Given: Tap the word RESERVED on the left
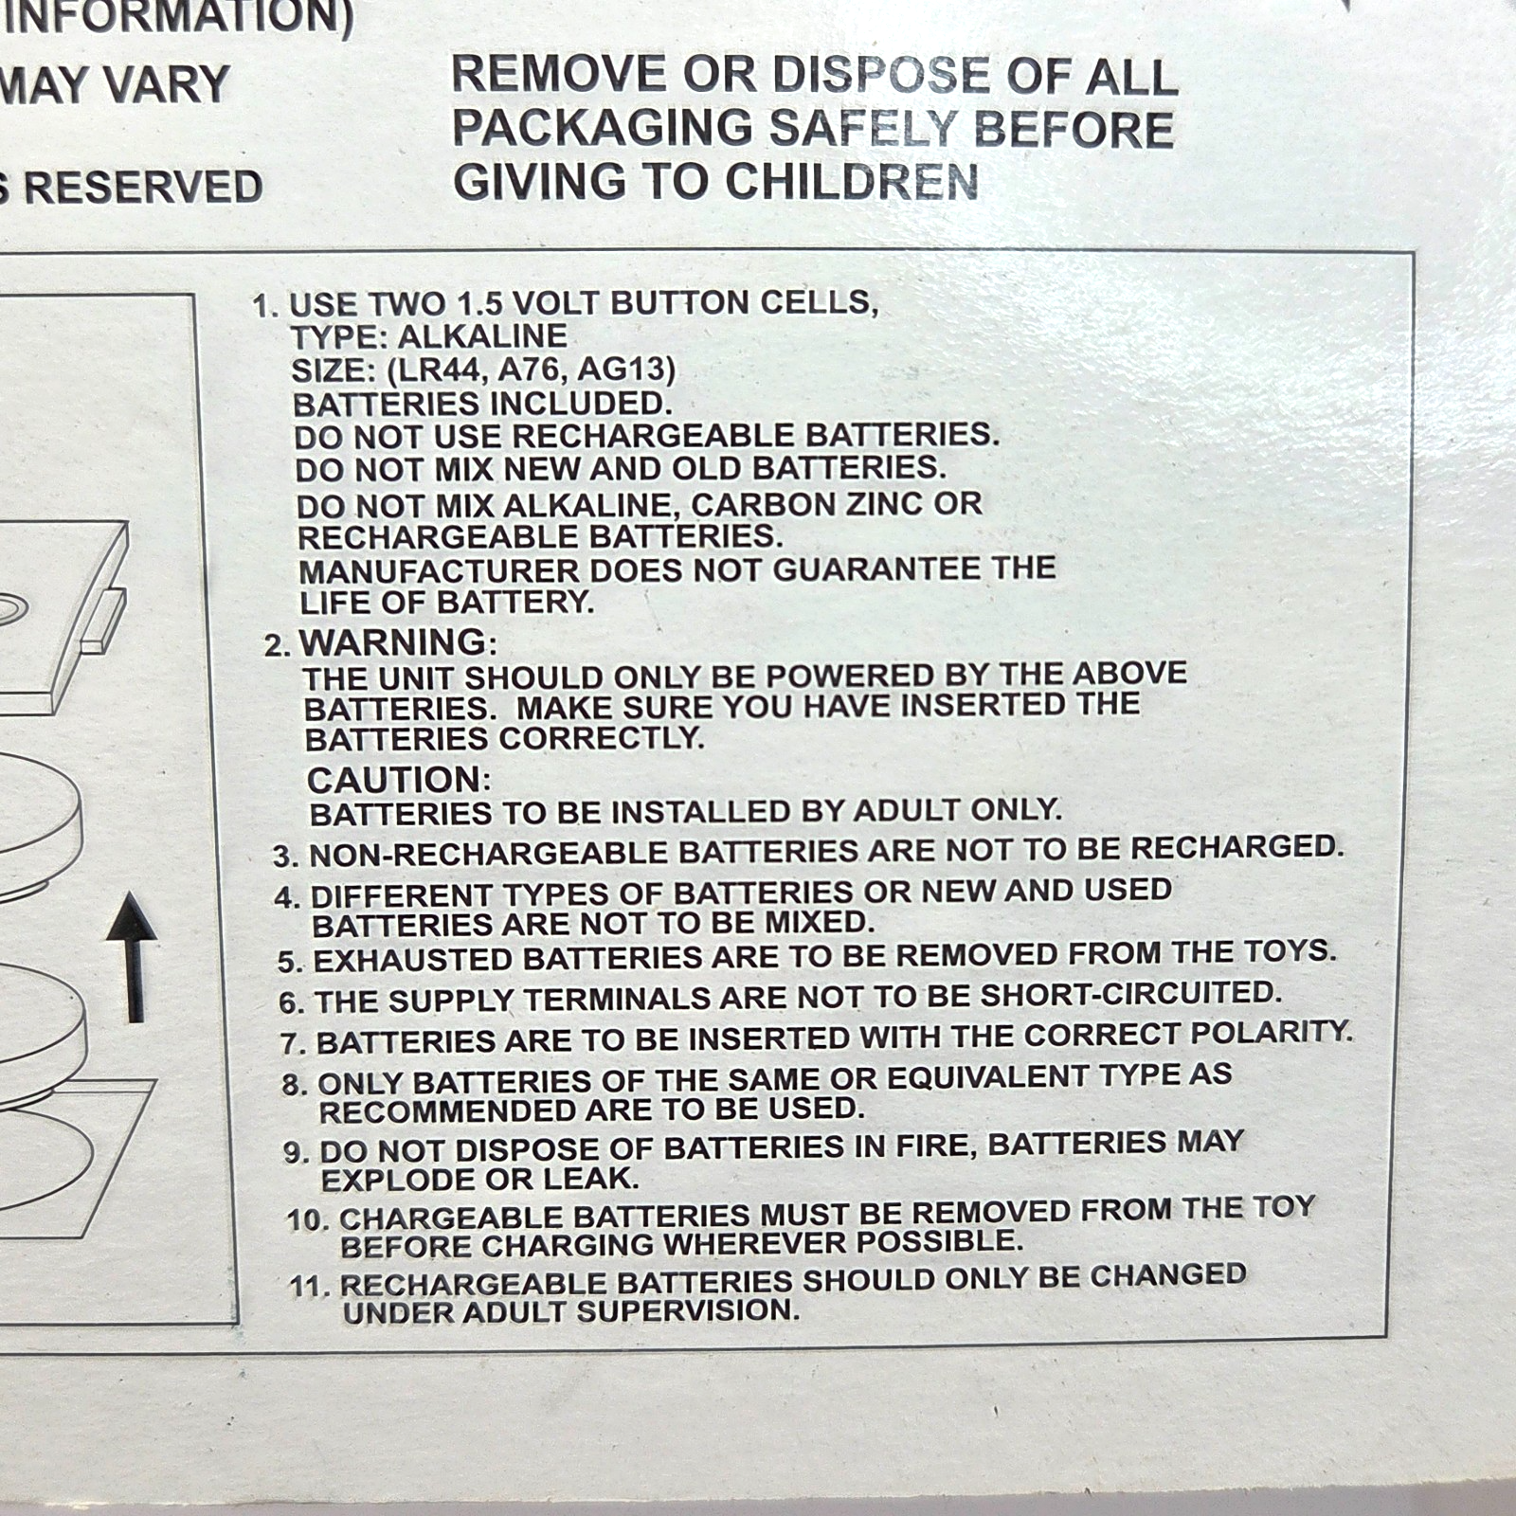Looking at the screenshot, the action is (143, 187).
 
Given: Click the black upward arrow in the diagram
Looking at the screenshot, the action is (133, 959).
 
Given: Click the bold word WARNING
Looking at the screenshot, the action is (393, 642).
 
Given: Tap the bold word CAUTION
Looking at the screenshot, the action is (394, 780).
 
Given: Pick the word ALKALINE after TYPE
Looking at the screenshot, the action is (482, 336).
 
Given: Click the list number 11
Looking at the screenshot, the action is (309, 1287).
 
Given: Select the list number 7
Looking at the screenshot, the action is (291, 1044).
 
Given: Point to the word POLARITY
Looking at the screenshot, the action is (1272, 1032).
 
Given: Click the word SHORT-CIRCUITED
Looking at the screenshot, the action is (1130, 994).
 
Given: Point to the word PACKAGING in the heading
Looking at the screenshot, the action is (603, 129).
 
